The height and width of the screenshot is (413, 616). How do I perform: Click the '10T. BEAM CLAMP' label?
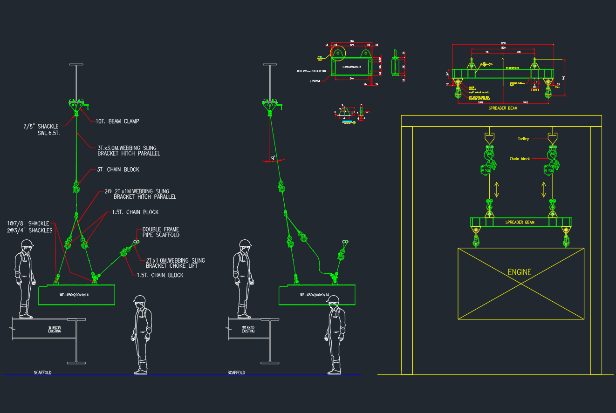point(117,122)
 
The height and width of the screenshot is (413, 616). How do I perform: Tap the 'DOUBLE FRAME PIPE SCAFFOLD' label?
point(161,232)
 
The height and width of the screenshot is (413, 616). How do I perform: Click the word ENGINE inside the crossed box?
point(519,272)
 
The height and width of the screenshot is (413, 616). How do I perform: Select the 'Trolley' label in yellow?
point(523,139)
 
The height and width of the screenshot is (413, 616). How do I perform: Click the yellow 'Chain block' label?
point(520,159)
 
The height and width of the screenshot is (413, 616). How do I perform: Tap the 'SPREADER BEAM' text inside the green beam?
point(520,222)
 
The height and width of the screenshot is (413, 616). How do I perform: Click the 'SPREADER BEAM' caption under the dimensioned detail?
point(502,108)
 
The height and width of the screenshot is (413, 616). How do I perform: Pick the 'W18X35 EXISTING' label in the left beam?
point(55,329)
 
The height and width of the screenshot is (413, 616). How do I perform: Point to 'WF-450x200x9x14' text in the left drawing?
point(74,295)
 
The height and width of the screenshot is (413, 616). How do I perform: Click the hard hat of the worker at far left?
point(27,243)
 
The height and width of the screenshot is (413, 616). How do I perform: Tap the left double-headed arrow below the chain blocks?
point(497,190)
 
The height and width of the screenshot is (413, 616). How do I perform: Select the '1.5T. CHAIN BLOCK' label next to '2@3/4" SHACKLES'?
point(135,212)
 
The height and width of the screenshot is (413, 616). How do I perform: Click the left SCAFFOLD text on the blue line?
point(42,373)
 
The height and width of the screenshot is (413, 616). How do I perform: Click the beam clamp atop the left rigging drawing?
point(76,105)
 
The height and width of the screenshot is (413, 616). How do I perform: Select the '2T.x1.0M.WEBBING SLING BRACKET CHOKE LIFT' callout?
point(175,263)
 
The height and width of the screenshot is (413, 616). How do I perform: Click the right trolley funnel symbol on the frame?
point(553,138)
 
